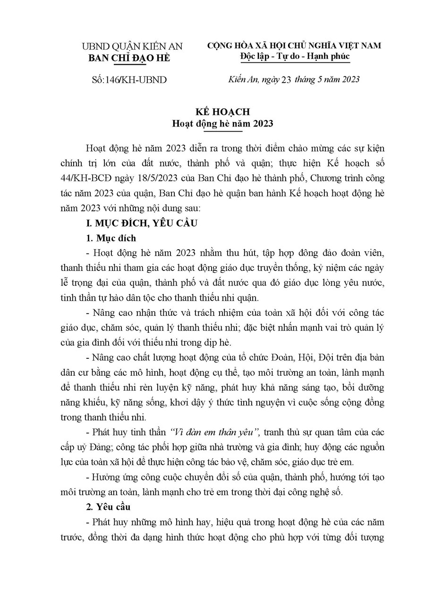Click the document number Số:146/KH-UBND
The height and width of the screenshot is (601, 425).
tap(128, 80)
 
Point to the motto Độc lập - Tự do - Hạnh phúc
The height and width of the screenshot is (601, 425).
tap(294, 57)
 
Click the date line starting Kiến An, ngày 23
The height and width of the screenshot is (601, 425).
tap(291, 79)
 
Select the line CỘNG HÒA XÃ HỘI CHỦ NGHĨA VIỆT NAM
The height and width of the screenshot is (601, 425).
tap(294, 46)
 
